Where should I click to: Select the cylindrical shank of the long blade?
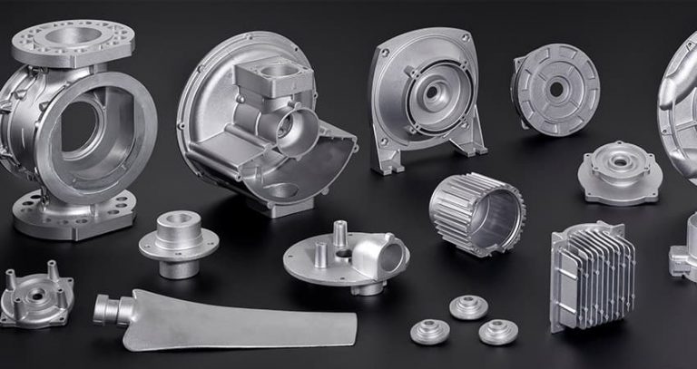click(x=108, y=308)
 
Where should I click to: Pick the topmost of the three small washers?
click(x=468, y=306)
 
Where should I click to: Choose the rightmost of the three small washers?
click(x=497, y=331)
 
